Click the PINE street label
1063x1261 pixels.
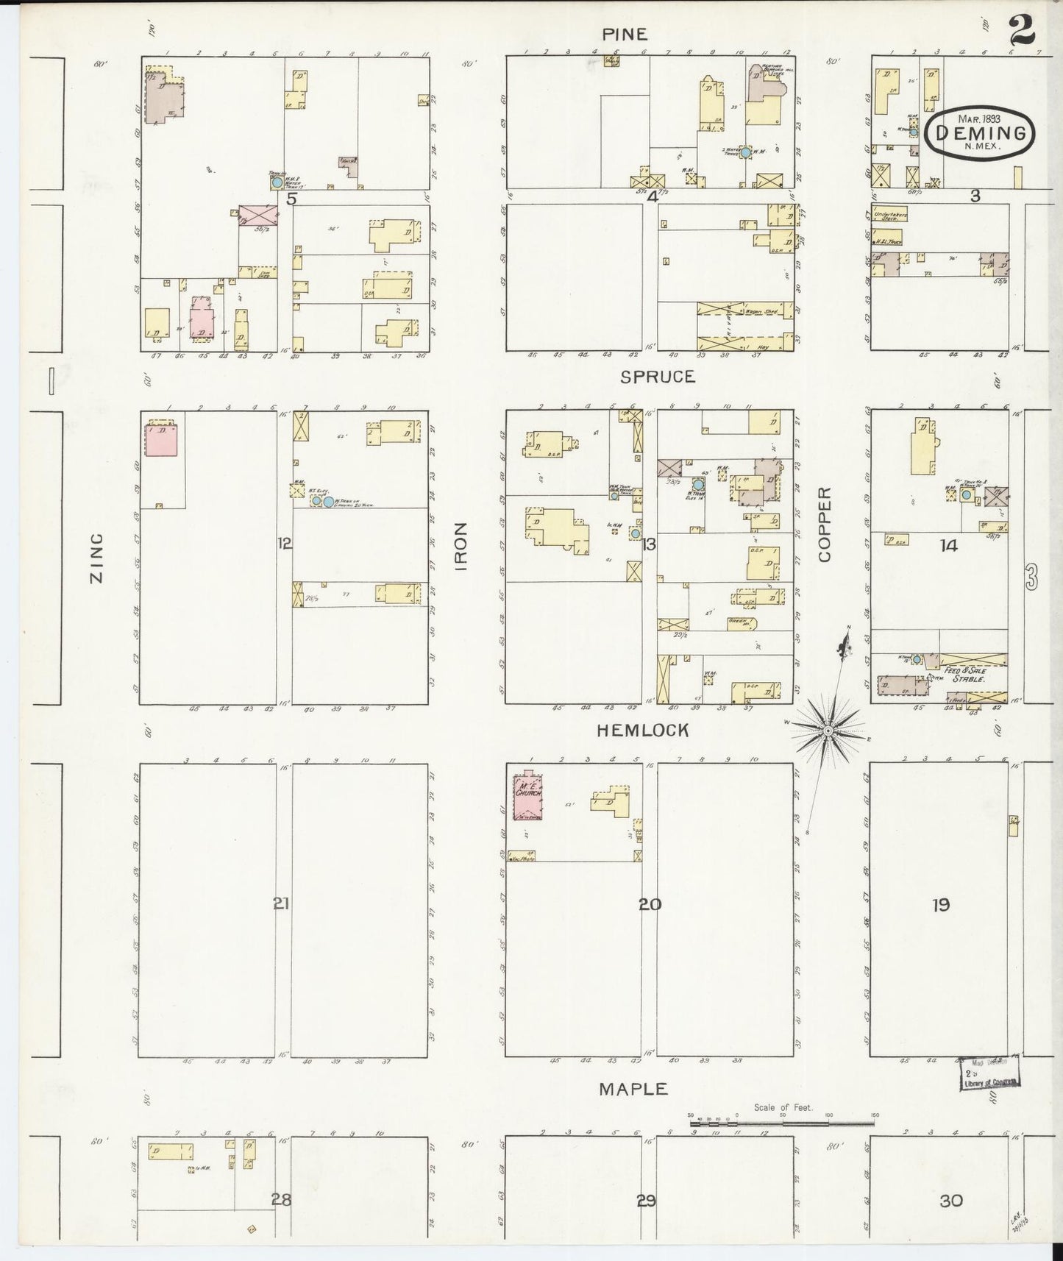[625, 34]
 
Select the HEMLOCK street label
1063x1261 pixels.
[643, 730]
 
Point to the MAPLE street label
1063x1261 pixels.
[633, 1089]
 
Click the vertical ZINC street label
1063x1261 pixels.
[96, 558]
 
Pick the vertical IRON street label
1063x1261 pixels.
[461, 547]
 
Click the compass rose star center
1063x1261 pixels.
[828, 730]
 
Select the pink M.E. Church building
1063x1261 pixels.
[527, 797]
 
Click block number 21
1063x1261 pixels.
[281, 903]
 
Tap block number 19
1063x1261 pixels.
[941, 905]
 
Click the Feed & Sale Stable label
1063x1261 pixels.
[965, 675]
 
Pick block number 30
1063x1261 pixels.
[950, 1201]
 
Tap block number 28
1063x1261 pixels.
[281, 1200]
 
